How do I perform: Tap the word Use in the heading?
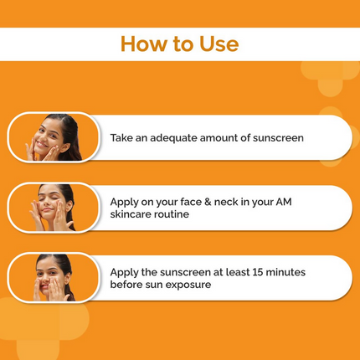click(x=217, y=44)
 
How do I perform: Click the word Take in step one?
click(x=124, y=136)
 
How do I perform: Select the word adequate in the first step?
click(x=183, y=136)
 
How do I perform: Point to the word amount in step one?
click(x=239, y=136)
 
